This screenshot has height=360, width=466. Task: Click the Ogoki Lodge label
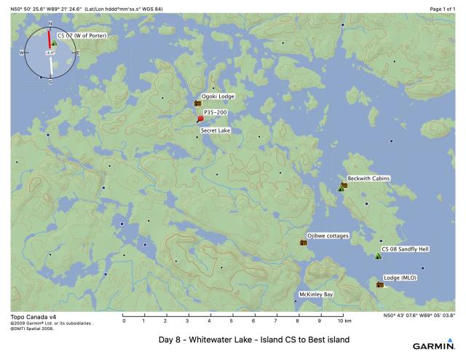218,96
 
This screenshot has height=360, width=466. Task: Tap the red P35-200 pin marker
200,119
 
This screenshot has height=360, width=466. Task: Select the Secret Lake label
216,131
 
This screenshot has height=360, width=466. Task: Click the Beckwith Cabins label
368,179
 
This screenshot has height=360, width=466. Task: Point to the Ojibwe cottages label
328,236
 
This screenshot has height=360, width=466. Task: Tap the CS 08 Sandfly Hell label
405,249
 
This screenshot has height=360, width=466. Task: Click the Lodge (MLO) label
400,278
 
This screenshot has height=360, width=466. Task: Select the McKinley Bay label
316,294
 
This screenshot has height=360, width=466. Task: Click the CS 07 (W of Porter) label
82,36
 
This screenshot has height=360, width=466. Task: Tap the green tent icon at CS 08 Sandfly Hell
378,257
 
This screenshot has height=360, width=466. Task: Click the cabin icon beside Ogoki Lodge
197,104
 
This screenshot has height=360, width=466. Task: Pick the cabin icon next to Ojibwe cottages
304,243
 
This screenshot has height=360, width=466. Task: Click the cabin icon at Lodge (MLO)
380,284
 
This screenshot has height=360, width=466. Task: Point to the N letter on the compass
50,24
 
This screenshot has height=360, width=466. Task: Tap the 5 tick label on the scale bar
232,321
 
